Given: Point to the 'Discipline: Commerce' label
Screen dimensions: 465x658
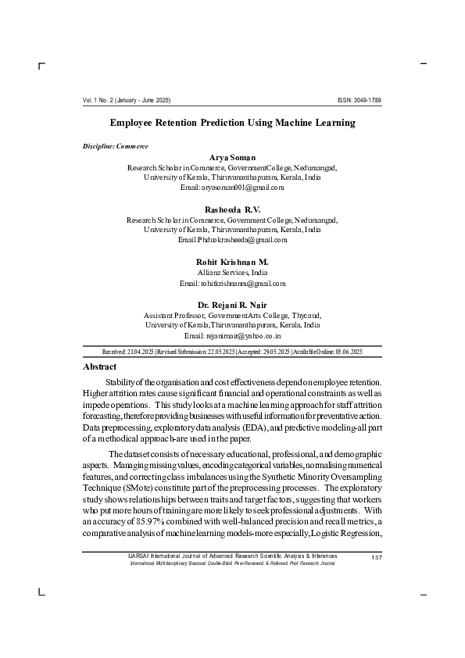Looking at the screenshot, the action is [x=116, y=146].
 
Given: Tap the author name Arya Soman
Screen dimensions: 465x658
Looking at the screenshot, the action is [x=232, y=158].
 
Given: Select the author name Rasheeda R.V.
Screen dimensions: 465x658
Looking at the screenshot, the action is [x=232, y=209].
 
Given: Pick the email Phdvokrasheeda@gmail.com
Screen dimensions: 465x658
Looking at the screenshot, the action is [x=232, y=240].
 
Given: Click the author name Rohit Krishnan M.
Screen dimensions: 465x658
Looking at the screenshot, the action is [x=232, y=261].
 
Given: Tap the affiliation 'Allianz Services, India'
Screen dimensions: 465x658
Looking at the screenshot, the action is [x=232, y=272].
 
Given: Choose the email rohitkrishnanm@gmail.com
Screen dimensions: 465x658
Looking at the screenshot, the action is [x=232, y=283].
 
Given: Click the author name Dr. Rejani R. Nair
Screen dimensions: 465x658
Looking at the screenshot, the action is [x=232, y=304].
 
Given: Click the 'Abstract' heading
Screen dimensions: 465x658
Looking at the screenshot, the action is [x=99, y=367].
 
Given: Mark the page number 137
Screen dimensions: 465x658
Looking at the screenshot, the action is [x=377, y=556].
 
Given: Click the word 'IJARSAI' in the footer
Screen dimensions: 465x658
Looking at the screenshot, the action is [x=138, y=556].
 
